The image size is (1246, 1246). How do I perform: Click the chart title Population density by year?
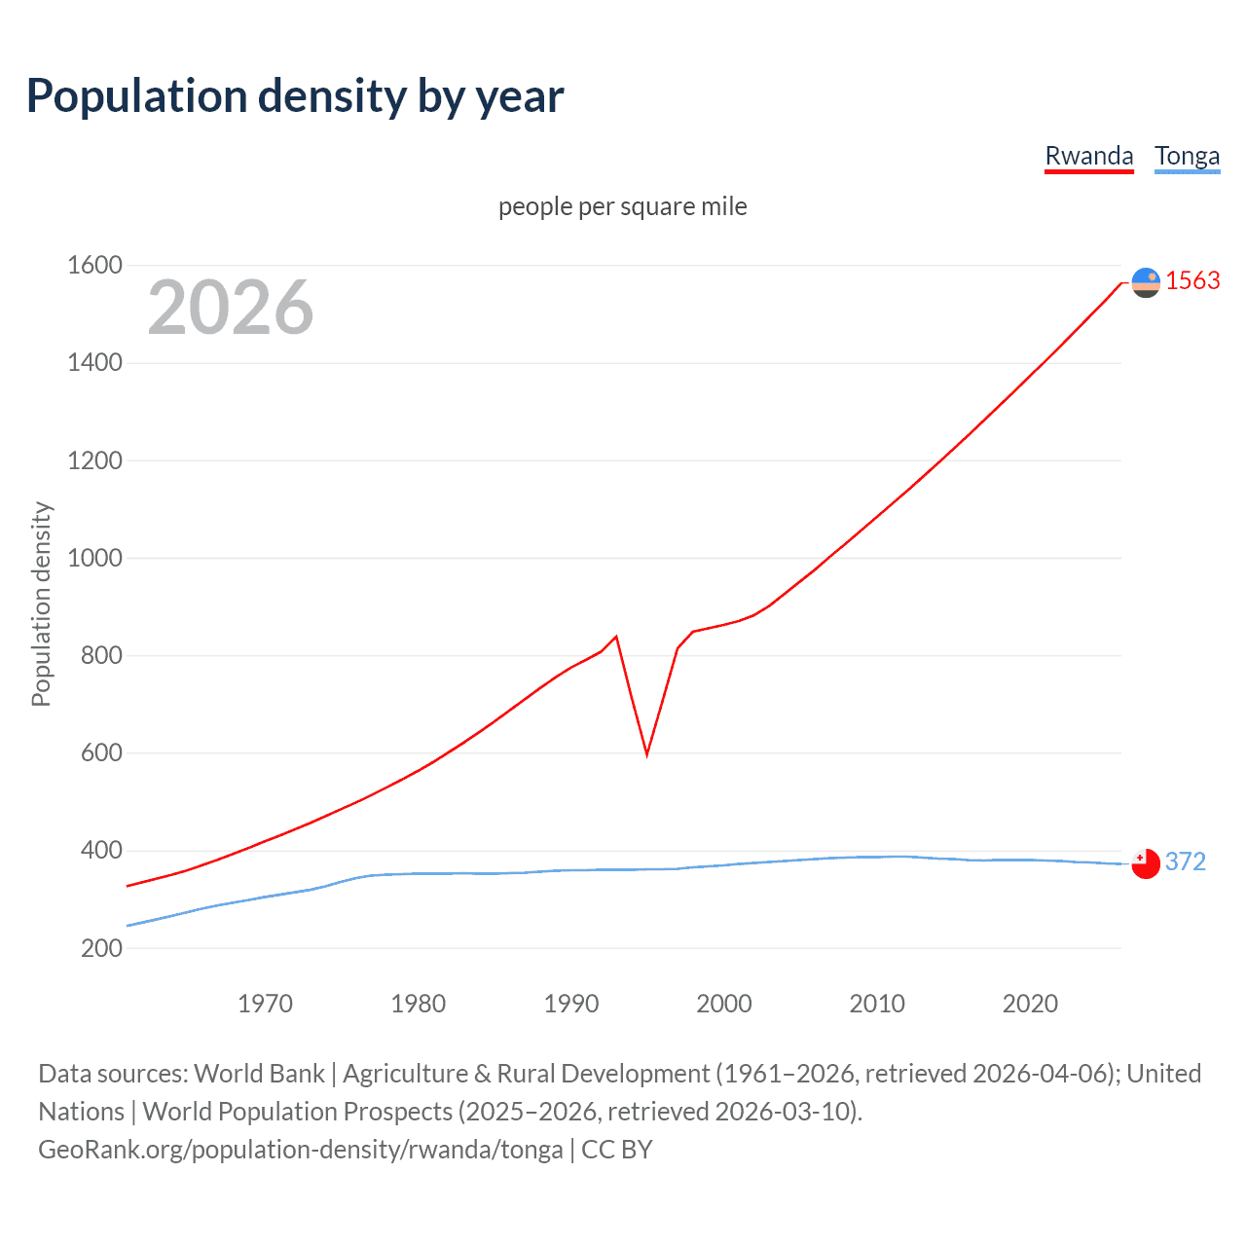[295, 96]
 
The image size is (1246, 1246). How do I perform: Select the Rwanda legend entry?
[1088, 156]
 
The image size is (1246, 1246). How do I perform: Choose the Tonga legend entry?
[1187, 156]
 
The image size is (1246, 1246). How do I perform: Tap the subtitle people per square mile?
[622, 206]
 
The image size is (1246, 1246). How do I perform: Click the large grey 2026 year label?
[231, 308]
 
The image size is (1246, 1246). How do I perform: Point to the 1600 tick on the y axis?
[94, 265]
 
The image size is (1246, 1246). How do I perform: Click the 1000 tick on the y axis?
[94, 558]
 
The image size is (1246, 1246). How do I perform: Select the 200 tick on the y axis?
[101, 948]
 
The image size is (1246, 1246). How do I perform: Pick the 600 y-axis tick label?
[101, 752]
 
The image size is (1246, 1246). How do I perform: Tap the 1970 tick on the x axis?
[265, 1004]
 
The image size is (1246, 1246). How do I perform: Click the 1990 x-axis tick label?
[571, 1004]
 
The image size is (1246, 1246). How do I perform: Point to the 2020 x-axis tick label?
[1030, 1004]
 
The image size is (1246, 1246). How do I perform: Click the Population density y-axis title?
[41, 604]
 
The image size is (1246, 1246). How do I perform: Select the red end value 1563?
[1192, 280]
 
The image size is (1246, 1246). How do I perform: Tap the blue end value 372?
[1185, 861]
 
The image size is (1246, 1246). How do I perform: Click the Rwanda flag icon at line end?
[1146, 282]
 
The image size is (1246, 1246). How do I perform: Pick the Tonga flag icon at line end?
[1146, 863]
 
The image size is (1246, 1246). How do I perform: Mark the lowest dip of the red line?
[646, 754]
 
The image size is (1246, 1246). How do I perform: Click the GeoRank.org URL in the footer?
[300, 1150]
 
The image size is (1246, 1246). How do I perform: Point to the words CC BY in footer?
[617, 1150]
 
